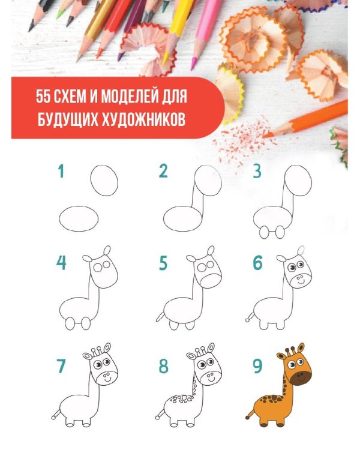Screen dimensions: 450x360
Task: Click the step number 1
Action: pos(61,172)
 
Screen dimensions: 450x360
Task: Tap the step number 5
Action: pos(163,263)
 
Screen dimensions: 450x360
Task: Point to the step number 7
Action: pos(61,367)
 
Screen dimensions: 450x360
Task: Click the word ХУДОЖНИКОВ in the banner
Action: pos(141,117)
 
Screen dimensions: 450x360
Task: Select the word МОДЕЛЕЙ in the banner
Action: pos(141,95)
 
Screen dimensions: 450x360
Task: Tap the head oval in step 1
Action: pos(104,180)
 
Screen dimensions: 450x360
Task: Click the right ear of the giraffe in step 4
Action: pos(107,250)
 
